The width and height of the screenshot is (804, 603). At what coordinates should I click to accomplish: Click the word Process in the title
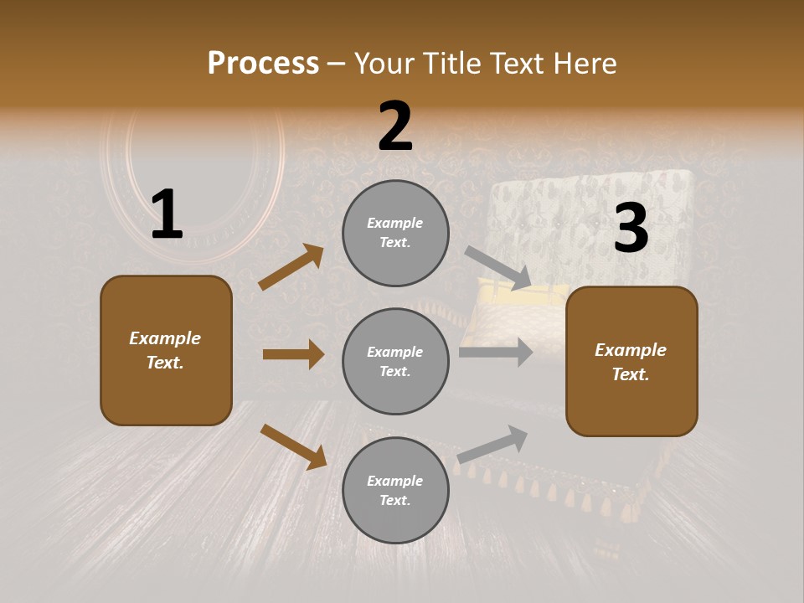[263, 64]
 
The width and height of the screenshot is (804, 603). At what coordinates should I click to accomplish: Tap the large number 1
[167, 215]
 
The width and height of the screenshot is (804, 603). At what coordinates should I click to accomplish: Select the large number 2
[395, 127]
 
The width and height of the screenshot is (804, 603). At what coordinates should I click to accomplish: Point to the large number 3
[631, 229]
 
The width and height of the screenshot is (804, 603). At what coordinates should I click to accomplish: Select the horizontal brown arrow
[293, 354]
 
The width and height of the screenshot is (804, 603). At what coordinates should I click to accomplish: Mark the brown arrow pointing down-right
[293, 446]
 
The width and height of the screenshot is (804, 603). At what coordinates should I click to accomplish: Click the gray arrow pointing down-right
[498, 268]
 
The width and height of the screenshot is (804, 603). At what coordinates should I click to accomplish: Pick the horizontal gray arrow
[496, 353]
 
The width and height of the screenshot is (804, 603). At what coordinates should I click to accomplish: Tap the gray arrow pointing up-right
[493, 444]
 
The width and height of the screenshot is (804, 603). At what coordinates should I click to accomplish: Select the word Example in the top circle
[394, 224]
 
